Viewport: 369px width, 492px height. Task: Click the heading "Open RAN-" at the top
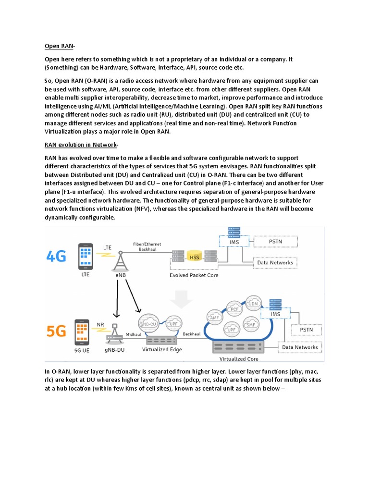click(x=59, y=46)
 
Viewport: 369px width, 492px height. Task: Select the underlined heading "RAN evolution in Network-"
click(x=81, y=145)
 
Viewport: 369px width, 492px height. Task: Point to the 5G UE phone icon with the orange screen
click(x=81, y=331)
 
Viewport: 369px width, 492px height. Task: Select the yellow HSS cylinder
click(x=195, y=257)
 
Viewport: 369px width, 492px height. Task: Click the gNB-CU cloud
click(x=148, y=323)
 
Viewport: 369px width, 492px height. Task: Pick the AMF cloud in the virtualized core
click(x=214, y=317)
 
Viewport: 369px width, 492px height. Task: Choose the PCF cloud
click(x=234, y=308)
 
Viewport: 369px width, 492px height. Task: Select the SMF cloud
click(x=250, y=324)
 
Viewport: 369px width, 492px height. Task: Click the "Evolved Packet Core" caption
click(x=194, y=275)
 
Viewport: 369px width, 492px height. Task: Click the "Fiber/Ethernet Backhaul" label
click(x=147, y=246)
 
